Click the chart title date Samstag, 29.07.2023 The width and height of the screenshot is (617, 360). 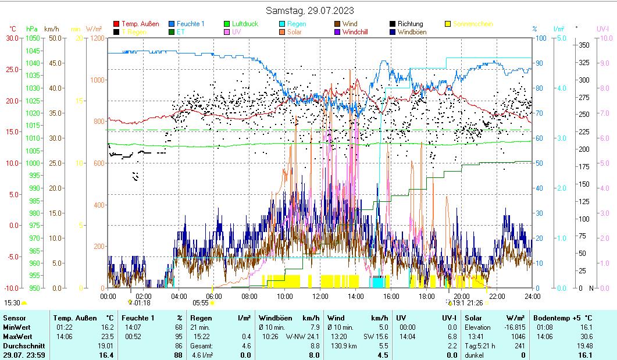click(x=309, y=10)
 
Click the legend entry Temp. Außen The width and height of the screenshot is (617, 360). click(x=140, y=24)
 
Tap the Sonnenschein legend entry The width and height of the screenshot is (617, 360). click(x=473, y=24)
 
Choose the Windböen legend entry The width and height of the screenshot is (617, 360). click(x=412, y=32)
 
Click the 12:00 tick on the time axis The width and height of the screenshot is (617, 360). click(x=320, y=296)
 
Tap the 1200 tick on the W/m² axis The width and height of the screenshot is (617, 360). click(x=98, y=38)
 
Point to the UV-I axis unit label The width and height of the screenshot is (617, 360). click(x=602, y=28)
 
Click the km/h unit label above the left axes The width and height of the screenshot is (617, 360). click(x=52, y=28)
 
